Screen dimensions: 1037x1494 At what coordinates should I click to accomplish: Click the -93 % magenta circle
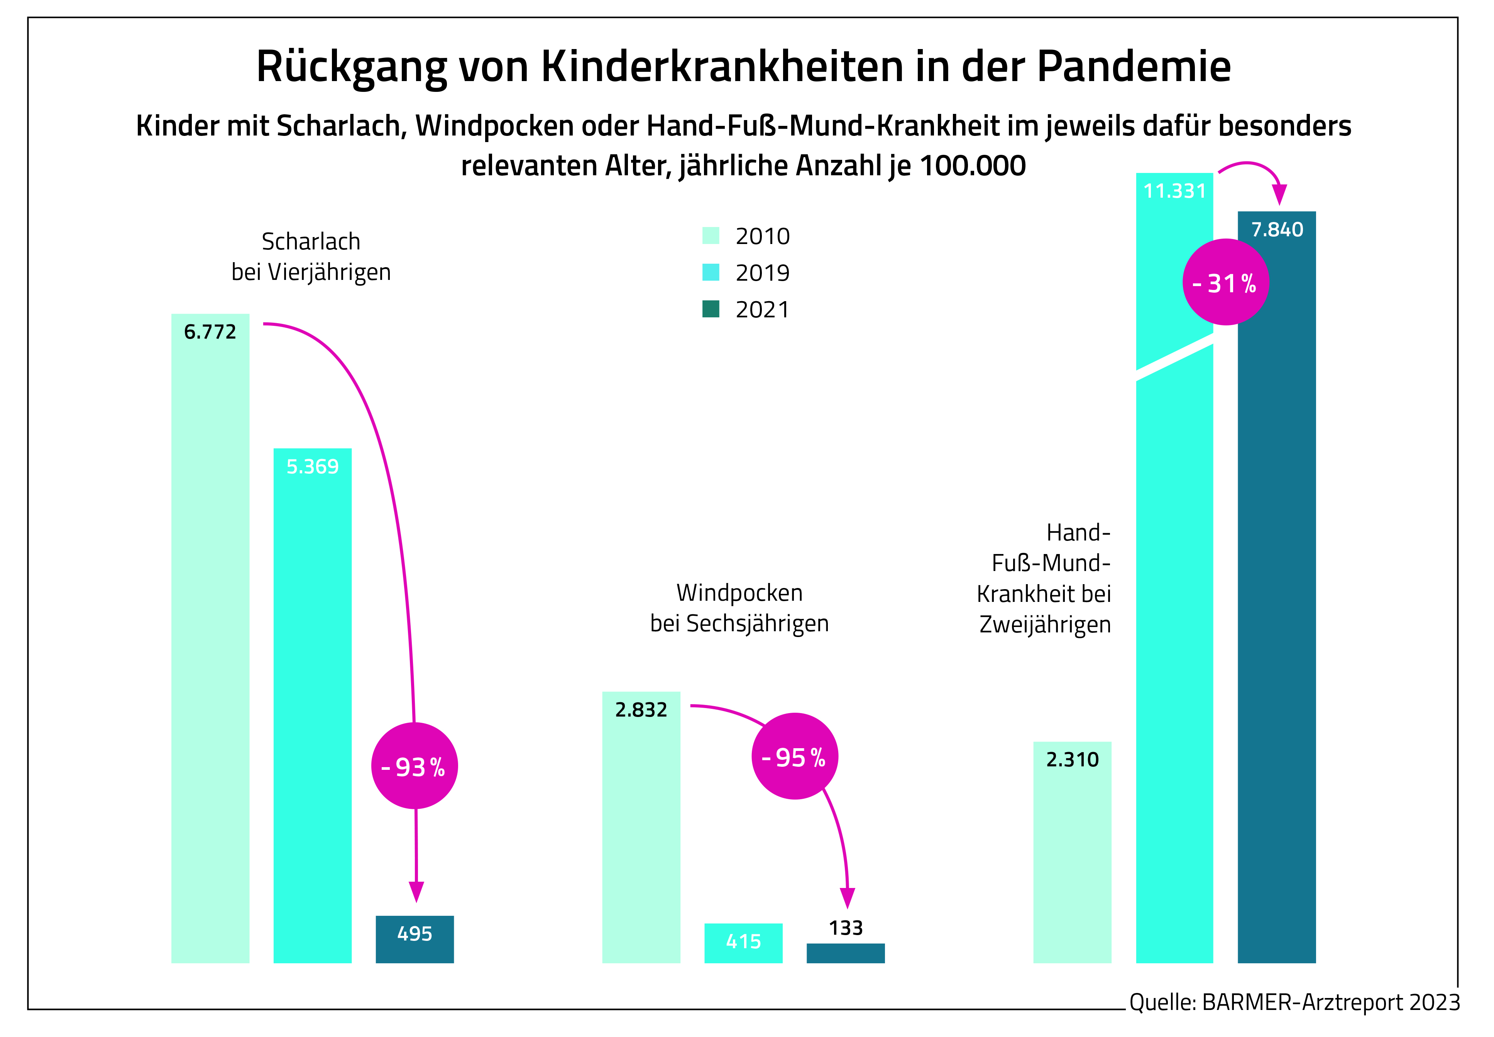(x=415, y=766)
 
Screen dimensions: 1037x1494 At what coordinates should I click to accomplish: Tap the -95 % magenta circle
(x=794, y=756)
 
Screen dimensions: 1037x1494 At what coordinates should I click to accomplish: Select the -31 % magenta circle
(x=1225, y=282)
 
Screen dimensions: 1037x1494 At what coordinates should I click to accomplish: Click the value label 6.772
(x=210, y=332)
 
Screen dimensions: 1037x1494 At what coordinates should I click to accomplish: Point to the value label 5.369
(x=313, y=466)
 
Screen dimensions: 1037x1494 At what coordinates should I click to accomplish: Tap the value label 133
(x=845, y=928)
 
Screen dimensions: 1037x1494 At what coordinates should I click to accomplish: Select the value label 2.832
(x=641, y=710)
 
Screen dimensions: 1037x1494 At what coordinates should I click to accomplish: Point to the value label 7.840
(x=1276, y=229)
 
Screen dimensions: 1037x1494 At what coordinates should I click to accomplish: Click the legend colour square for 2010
(x=711, y=235)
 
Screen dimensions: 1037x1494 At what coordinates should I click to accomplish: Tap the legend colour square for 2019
(x=711, y=272)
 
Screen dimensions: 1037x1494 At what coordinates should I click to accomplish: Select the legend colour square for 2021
(x=711, y=308)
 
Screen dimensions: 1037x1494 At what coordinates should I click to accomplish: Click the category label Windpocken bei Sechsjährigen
(x=739, y=608)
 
